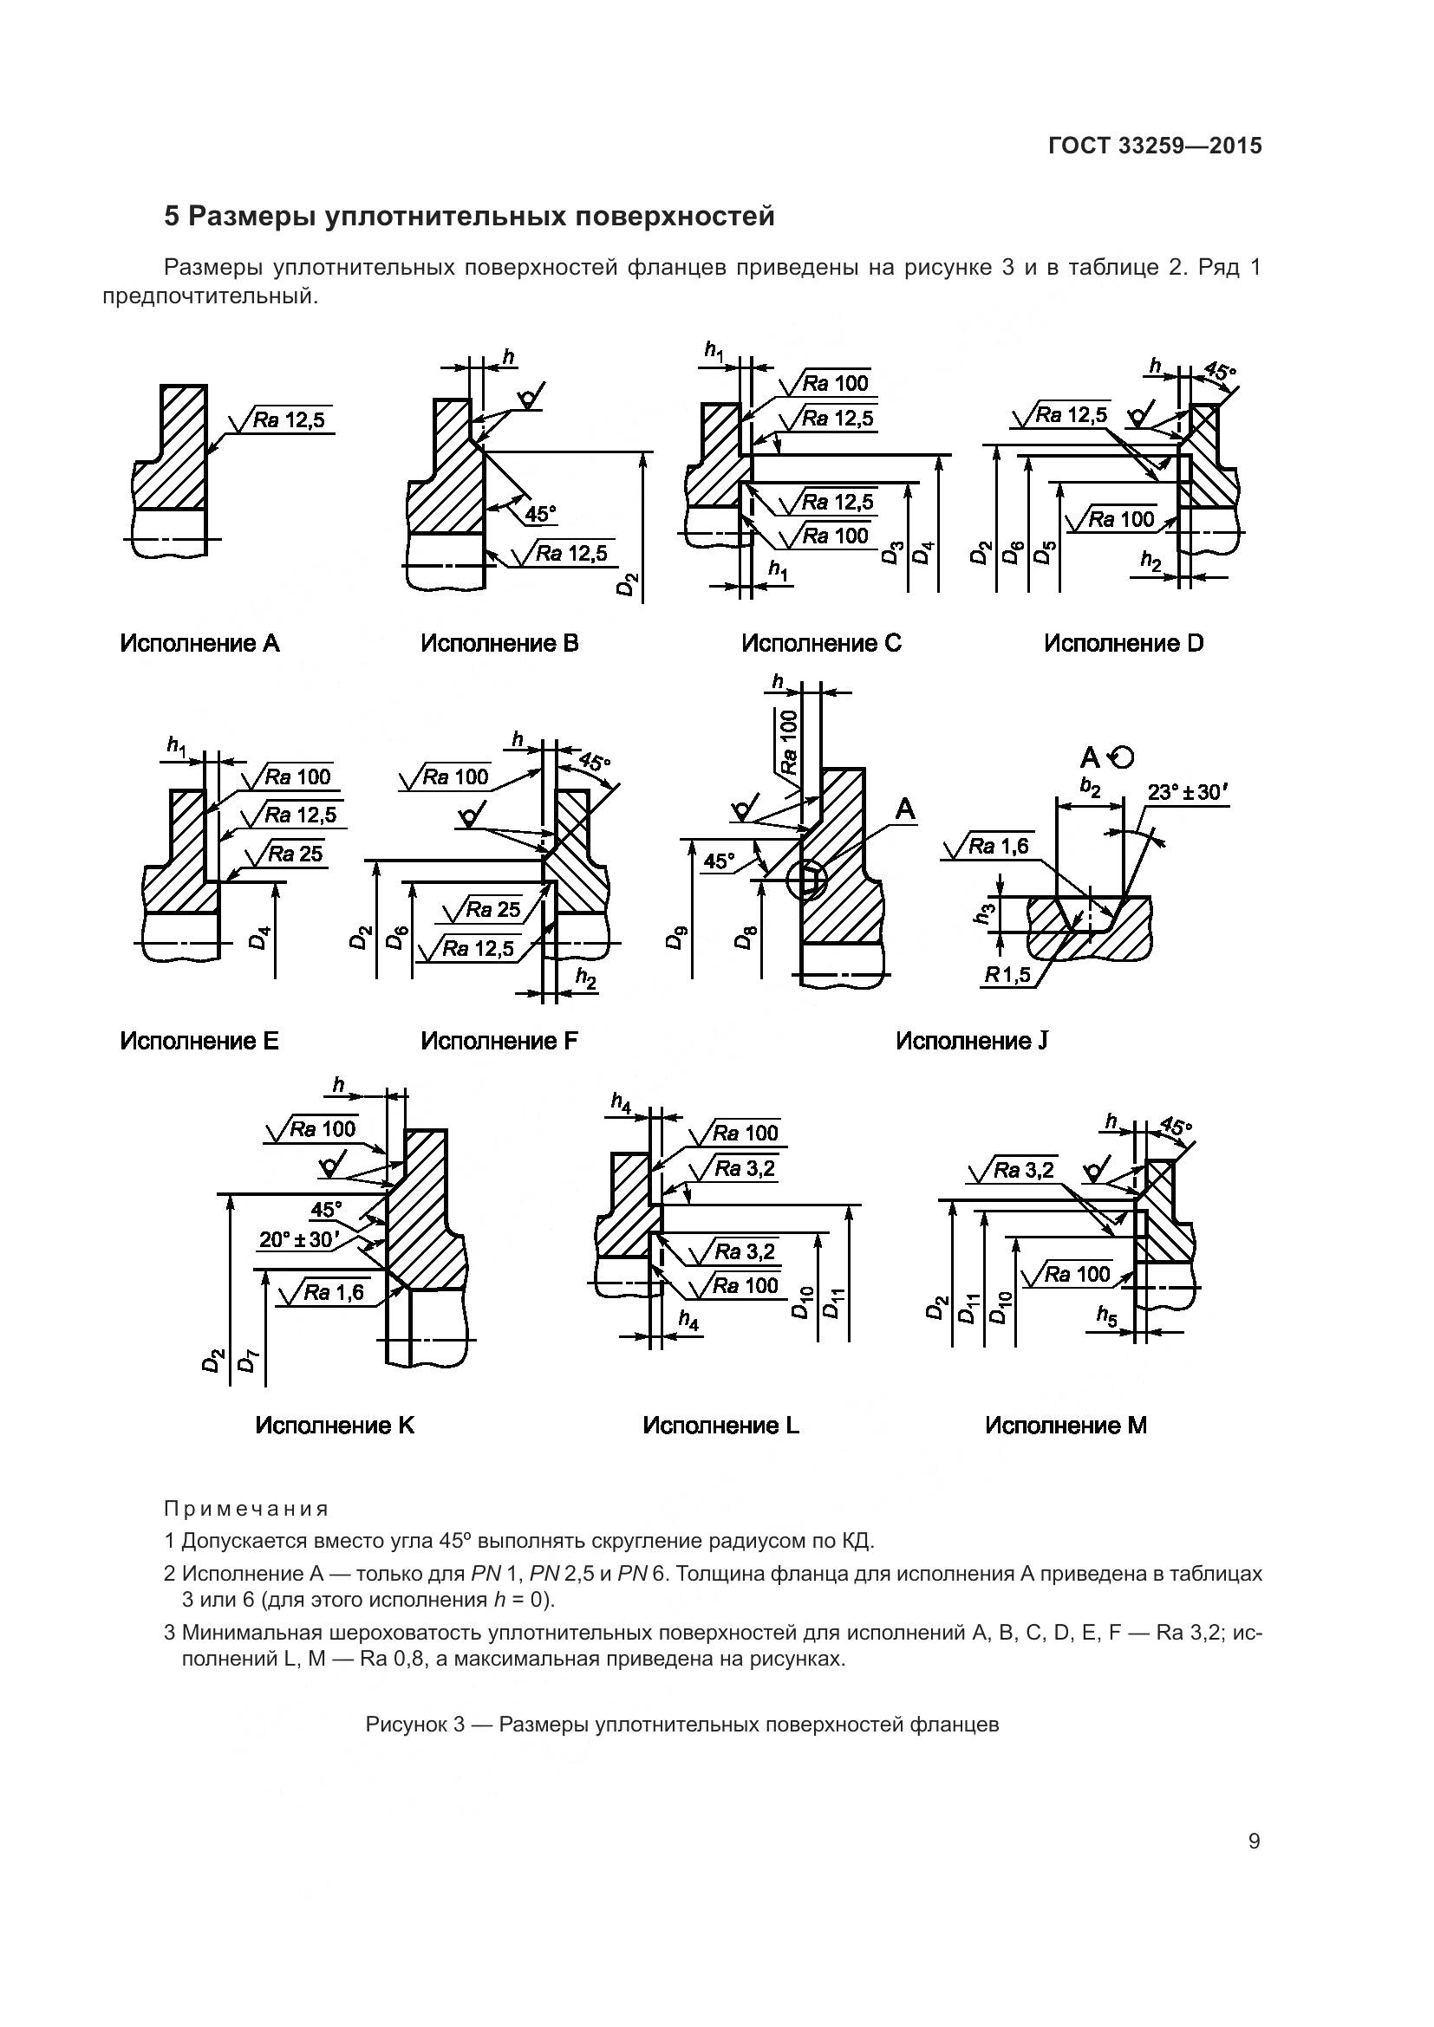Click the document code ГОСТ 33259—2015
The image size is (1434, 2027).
[x=1155, y=146]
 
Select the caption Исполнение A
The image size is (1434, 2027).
[x=199, y=644]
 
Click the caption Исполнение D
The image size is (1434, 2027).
[x=1123, y=644]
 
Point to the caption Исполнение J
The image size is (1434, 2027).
[x=971, y=1041]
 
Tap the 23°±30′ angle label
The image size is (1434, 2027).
[x=1188, y=793]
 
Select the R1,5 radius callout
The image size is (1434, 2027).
[x=1007, y=976]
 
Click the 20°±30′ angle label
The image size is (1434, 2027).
[x=299, y=1240]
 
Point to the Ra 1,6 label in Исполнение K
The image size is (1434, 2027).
[x=332, y=1292]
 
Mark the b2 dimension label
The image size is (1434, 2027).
[x=1091, y=788]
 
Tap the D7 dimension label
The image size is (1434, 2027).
[x=248, y=1361]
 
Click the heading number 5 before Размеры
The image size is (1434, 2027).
[x=172, y=217]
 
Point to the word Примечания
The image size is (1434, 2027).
[x=246, y=1509]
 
